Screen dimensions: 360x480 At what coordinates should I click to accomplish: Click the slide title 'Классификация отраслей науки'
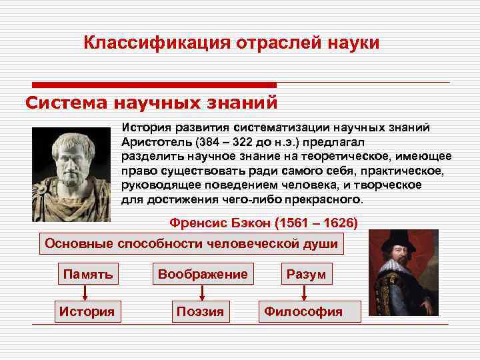coord(231,43)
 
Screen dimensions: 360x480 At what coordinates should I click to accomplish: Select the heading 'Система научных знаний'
coord(151,103)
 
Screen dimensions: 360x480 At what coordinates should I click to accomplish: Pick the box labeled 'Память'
coord(88,274)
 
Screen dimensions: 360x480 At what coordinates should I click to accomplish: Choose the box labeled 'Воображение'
coord(202,274)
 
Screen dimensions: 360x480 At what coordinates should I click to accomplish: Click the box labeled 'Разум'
coord(306,274)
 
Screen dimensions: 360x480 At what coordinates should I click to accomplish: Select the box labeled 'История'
coord(87,311)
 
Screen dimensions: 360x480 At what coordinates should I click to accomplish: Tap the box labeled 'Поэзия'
coord(200,311)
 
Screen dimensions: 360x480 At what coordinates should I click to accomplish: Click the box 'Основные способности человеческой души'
coord(191,243)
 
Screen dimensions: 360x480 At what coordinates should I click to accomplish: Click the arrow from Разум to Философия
coord(305,293)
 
